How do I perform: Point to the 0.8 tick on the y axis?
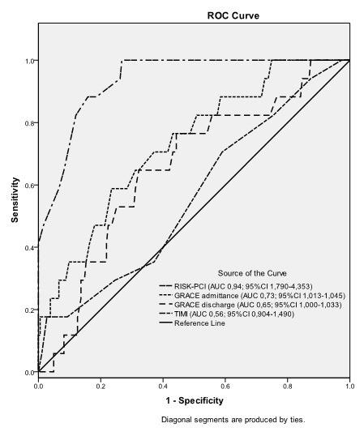(28, 123)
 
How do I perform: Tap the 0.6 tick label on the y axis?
(28, 186)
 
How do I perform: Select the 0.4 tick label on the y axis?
(28, 248)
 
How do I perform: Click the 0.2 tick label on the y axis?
(28, 310)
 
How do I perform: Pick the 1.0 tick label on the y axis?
(28, 61)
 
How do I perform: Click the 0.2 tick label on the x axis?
(101, 382)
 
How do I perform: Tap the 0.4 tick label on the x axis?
(163, 382)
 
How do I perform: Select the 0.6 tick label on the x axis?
(225, 382)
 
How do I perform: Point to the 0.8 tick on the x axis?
(287, 382)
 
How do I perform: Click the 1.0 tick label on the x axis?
(349, 382)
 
